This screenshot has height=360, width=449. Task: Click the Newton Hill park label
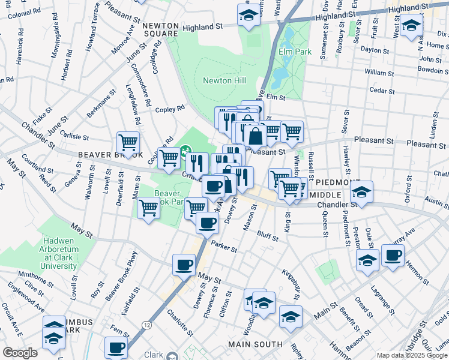click(225, 80)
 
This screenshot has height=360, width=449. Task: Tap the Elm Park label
click(295, 52)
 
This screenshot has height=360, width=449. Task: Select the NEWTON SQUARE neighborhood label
click(161, 29)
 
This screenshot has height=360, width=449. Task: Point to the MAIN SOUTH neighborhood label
click(255, 344)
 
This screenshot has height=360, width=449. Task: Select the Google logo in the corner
click(20, 353)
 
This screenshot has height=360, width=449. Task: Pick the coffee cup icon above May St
click(184, 264)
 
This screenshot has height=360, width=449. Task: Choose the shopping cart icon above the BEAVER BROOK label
click(128, 143)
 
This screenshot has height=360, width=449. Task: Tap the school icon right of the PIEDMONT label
click(361, 192)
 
